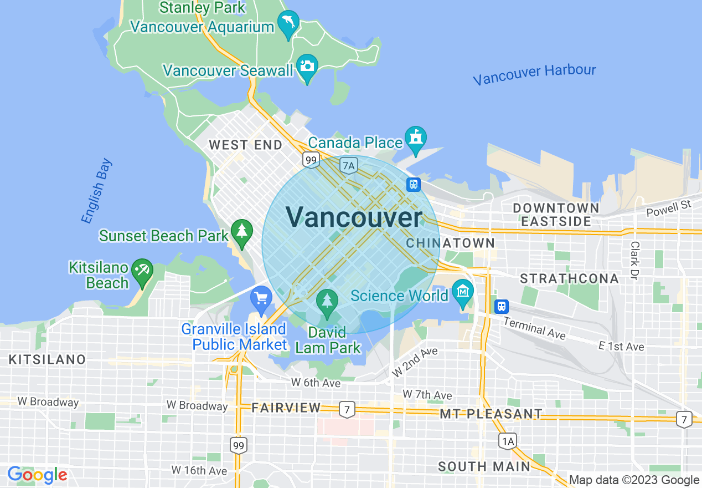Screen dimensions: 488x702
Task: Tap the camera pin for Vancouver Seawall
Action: point(307,67)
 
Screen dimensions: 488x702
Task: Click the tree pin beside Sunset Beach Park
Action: point(241,232)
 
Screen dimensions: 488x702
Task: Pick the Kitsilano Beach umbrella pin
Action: point(143,271)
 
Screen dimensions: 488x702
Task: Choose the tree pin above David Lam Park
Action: point(327,301)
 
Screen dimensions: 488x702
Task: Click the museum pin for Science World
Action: point(462,291)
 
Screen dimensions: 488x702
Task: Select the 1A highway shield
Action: point(508,441)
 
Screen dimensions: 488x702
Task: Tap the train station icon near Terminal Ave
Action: point(502,306)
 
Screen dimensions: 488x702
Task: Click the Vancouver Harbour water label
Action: point(534,74)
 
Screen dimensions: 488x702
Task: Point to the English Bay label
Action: point(96,191)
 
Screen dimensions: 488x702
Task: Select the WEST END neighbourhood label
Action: point(245,145)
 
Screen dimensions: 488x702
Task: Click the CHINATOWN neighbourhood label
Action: point(450,243)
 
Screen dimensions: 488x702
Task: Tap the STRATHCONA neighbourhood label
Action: point(570,278)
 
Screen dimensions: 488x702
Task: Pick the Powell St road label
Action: point(669,209)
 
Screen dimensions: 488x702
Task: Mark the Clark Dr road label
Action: point(635,260)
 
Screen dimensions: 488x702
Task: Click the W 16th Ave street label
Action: point(199,470)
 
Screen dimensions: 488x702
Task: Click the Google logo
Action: point(37,475)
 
